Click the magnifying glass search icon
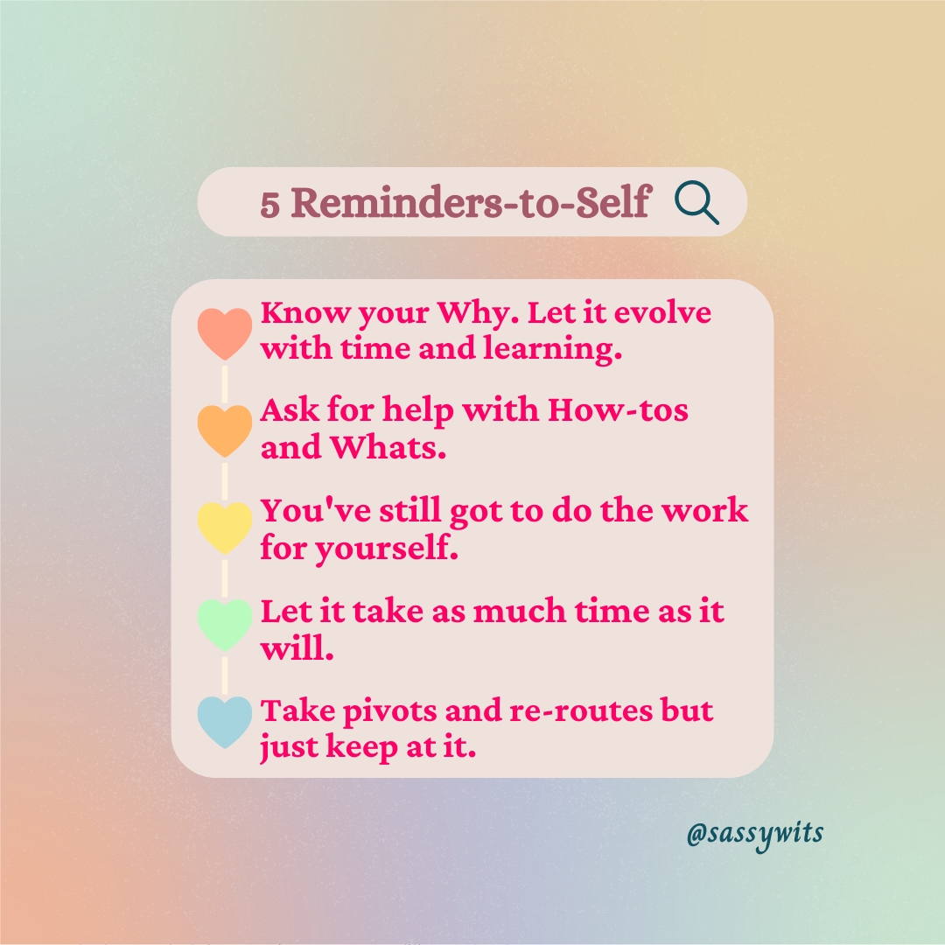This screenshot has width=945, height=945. tap(696, 204)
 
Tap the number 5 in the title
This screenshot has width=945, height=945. tap(270, 204)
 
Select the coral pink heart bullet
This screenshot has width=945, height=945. tap(225, 332)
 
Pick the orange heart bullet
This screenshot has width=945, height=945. tap(225, 430)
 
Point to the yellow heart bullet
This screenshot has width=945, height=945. tap(225, 528)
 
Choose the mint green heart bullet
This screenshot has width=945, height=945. tap(225, 625)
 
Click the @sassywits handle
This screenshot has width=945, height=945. tap(754, 834)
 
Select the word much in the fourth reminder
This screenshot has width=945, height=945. tap(520, 611)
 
